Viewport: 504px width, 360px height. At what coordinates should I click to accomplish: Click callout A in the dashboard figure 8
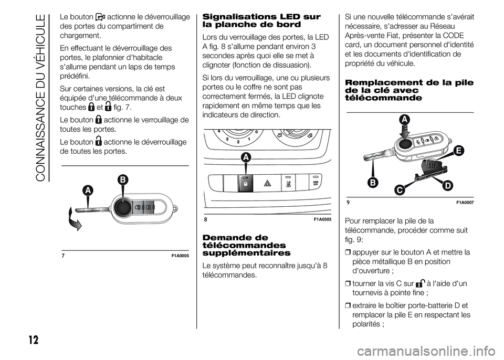246,157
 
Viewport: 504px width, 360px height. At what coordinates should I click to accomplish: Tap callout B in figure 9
374,182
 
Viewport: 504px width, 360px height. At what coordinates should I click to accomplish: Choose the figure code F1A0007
464,202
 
